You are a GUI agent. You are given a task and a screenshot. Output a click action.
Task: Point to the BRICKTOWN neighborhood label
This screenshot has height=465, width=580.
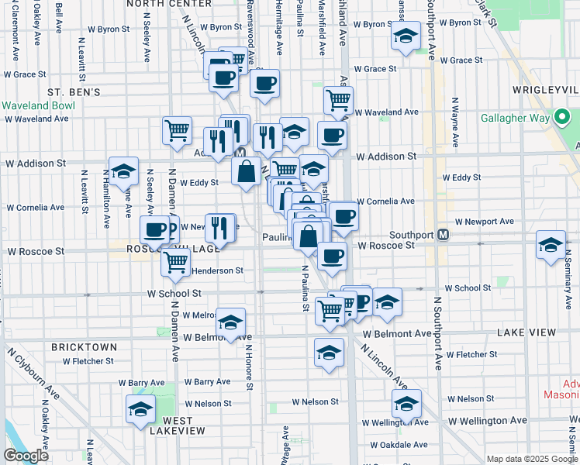tap(84, 347)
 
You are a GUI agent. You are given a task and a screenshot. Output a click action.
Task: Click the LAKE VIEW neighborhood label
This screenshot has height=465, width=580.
tap(526, 332)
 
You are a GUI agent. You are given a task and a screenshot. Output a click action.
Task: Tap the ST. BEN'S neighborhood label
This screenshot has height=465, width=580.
tap(74, 92)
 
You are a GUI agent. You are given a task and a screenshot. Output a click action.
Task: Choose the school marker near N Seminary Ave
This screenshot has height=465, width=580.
tap(551, 246)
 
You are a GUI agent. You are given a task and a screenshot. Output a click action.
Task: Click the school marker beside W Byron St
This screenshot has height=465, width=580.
tap(404, 36)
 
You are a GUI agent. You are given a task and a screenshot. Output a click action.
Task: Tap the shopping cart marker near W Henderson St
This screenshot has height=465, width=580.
tap(176, 262)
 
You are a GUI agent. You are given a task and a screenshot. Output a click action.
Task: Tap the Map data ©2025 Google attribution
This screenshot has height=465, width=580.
tap(531, 459)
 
